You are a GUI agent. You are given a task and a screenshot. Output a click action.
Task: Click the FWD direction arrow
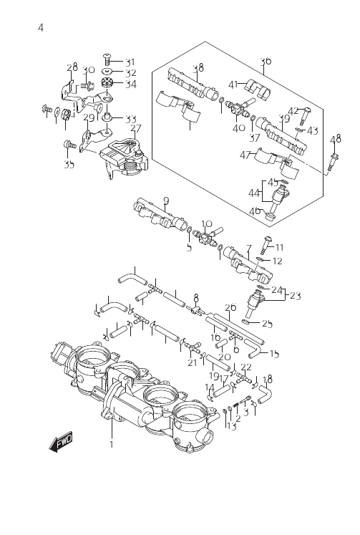pos(61,443)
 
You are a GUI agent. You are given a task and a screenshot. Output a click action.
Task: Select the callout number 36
pos(266,61)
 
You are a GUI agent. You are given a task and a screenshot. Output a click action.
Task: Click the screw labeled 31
pos(108,59)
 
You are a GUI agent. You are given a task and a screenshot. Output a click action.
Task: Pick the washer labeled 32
pos(108,72)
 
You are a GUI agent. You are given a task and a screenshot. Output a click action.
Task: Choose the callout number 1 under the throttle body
pos(111,444)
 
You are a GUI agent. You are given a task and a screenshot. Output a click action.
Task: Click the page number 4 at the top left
pos(41,28)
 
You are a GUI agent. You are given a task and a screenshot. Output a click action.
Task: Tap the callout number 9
pos(166,201)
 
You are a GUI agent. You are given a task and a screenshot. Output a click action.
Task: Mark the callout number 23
pos(295,296)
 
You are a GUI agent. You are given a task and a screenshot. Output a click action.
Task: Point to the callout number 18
pos(268,379)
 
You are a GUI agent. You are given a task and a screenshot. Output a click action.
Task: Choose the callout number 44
pos(253,193)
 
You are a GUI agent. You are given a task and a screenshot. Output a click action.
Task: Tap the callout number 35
pos(69,165)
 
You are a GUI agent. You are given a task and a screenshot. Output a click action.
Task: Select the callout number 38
pos(198,68)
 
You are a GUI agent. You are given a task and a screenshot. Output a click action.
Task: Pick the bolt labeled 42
pos(303,116)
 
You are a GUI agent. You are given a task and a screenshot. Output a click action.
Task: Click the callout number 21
pos(193,362)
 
